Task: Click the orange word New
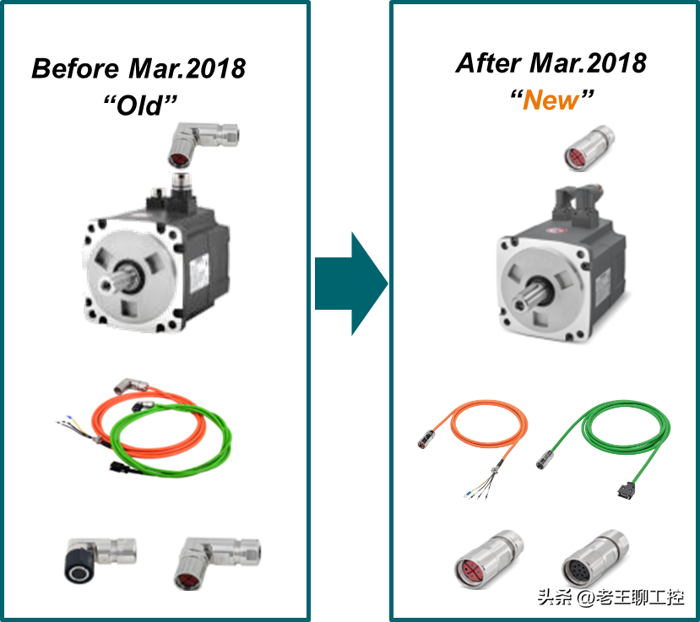click(551, 100)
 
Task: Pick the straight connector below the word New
click(588, 146)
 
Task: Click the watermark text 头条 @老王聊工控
click(608, 597)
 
